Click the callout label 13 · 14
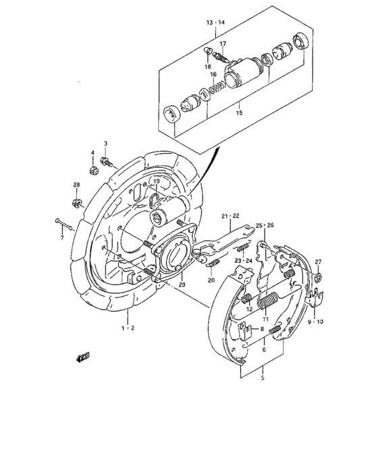click(x=215, y=22)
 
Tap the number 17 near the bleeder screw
click(x=222, y=44)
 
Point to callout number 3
click(x=106, y=144)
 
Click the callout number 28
click(x=76, y=185)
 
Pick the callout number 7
click(x=61, y=237)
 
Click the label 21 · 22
click(x=231, y=216)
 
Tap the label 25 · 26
click(x=265, y=225)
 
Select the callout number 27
click(x=317, y=262)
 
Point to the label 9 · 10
click(x=315, y=322)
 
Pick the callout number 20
click(x=211, y=280)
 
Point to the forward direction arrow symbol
click(x=83, y=358)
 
